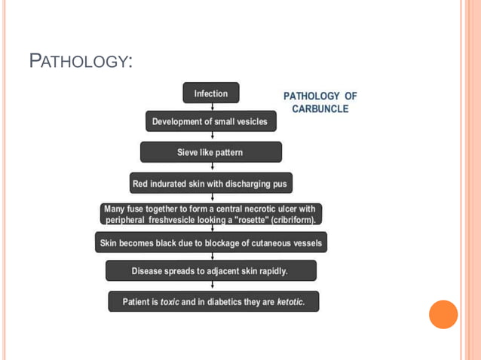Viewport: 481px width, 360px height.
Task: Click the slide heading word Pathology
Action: point(79,60)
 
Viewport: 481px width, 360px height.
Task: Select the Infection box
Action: point(210,93)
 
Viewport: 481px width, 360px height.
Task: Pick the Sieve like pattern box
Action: point(210,152)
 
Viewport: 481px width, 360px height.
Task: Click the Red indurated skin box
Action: point(210,183)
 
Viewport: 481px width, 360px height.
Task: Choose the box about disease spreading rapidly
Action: point(210,270)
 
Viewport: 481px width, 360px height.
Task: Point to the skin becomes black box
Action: point(211,243)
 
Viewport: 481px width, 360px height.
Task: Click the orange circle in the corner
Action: point(443,314)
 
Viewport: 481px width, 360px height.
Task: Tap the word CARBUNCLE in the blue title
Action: point(320,109)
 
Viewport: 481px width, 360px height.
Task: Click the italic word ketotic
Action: point(290,302)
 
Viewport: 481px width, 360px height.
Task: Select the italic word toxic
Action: point(170,302)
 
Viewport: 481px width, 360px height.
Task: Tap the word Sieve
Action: point(188,152)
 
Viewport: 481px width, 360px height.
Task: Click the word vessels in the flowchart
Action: point(305,243)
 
